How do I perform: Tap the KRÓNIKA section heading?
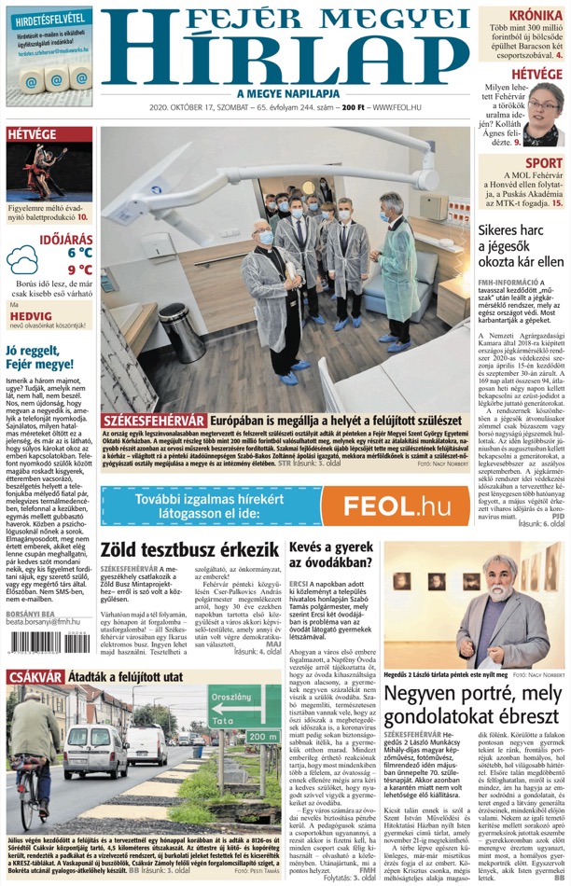point(536,16)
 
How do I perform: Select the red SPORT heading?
point(543,163)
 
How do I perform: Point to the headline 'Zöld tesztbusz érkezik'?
point(189,549)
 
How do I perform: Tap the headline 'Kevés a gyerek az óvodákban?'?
point(331,554)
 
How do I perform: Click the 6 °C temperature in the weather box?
point(79,252)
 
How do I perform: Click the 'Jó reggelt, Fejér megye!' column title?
point(39,357)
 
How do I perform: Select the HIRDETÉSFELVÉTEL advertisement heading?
point(50,19)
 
